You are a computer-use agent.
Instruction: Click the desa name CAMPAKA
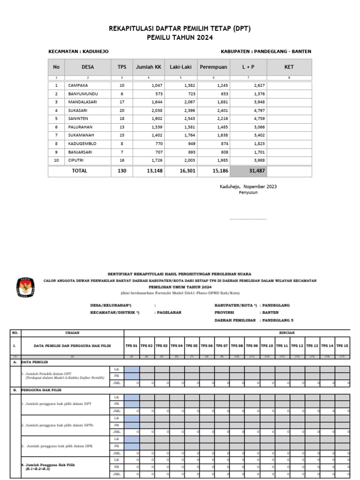click(78, 86)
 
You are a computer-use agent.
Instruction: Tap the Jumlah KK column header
click(148, 67)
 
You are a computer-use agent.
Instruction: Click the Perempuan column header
click(213, 67)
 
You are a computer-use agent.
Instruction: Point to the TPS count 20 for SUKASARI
click(122, 111)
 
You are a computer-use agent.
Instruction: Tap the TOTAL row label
click(79, 171)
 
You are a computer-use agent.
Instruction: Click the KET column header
click(289, 67)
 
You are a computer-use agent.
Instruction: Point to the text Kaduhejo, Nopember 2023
click(248, 187)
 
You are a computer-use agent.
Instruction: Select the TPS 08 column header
click(237, 345)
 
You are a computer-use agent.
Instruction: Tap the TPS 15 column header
click(342, 345)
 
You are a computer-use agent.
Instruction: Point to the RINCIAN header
click(287, 333)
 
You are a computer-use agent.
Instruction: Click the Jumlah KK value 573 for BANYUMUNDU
click(156, 94)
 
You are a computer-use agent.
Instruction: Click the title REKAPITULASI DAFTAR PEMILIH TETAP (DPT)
click(180, 29)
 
